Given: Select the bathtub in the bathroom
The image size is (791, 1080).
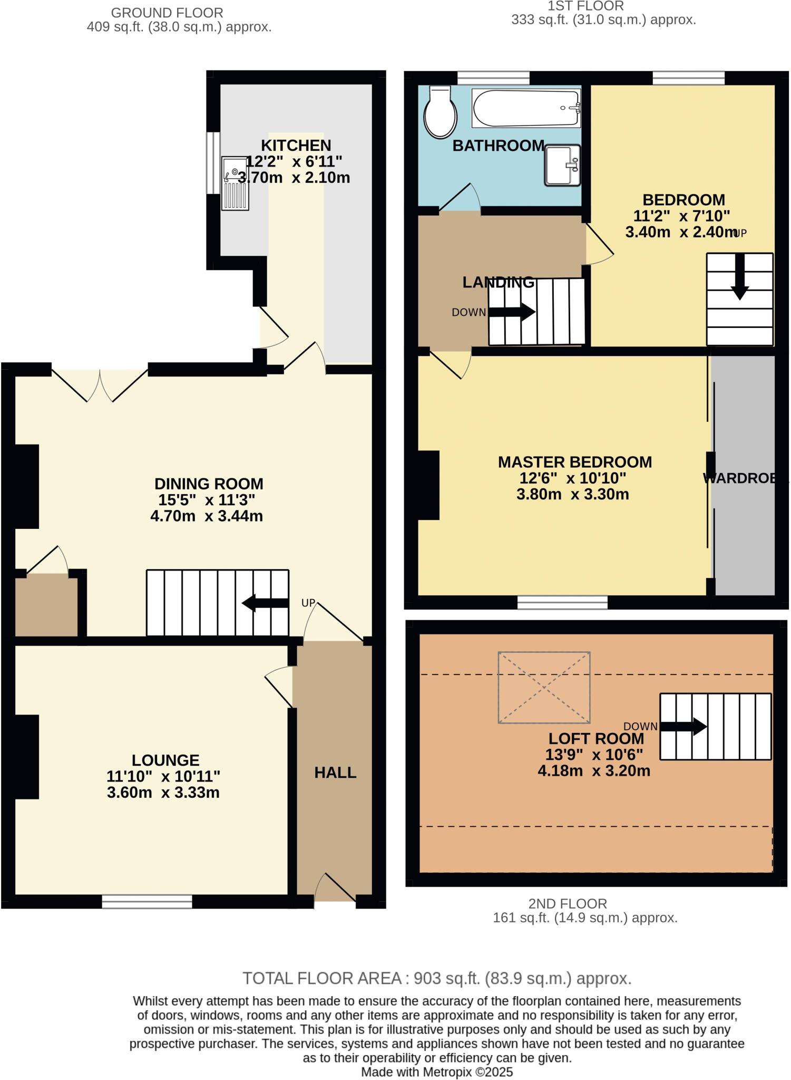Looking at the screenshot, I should (x=526, y=108).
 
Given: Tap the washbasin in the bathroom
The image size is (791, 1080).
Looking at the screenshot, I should (x=562, y=165).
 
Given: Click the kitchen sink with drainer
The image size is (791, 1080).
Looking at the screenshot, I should (x=235, y=183).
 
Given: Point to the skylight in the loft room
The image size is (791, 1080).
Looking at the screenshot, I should (x=544, y=687).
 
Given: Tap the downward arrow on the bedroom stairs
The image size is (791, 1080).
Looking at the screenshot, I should (x=740, y=276).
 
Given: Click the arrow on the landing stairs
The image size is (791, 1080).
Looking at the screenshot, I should (x=512, y=312).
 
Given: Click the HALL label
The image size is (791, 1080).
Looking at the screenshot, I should (x=335, y=773).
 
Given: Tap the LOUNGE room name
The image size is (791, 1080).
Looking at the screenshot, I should (x=165, y=760).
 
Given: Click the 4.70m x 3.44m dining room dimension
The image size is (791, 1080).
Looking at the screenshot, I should (x=207, y=516).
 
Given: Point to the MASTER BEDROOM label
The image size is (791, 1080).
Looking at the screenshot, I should (x=574, y=462).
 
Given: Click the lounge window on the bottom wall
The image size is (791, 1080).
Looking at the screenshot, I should (x=147, y=901).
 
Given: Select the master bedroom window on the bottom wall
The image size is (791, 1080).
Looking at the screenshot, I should (x=562, y=602).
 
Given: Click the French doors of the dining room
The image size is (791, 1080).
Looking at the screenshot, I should (x=100, y=384).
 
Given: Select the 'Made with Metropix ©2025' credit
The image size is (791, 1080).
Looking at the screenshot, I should (x=436, y=1072).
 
